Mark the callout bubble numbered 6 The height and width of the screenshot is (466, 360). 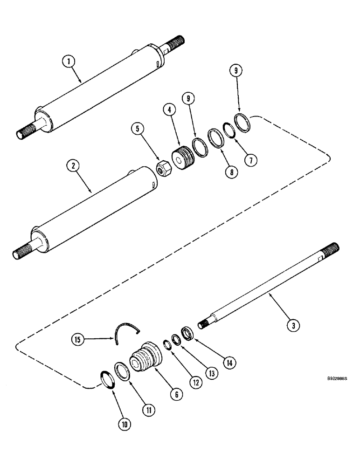pyautogui.click(x=175, y=394)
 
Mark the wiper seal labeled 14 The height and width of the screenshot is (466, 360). pyautogui.click(x=187, y=334)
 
